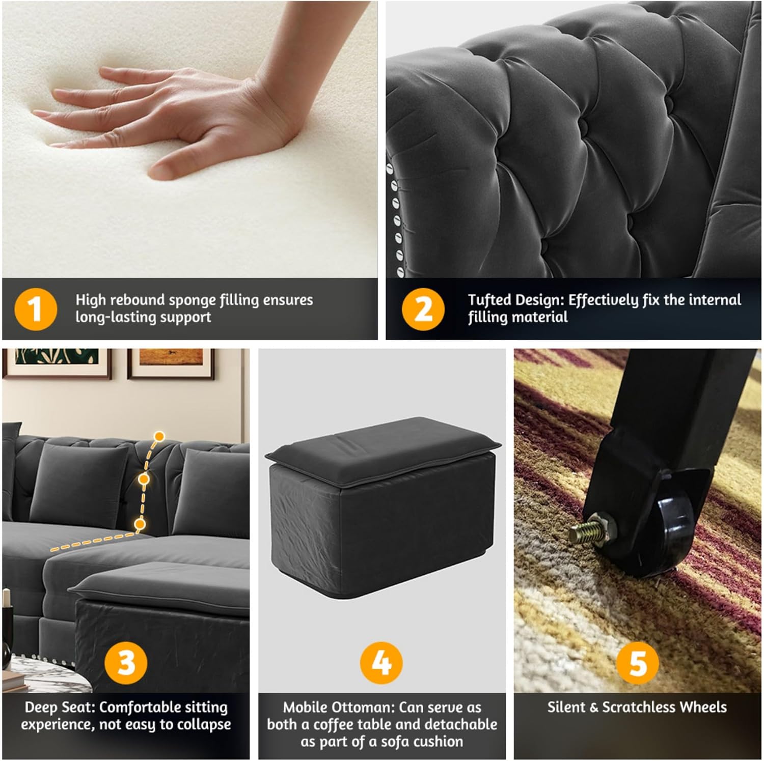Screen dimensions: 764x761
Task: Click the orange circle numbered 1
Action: click(36, 309)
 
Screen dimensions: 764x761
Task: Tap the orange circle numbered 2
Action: click(423, 309)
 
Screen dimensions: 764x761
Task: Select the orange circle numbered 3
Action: click(126, 663)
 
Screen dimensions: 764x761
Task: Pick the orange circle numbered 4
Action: click(381, 663)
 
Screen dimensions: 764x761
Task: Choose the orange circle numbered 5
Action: click(638, 663)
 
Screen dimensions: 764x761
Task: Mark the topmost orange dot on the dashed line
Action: click(159, 436)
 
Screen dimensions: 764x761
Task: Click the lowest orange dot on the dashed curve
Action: click(140, 523)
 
